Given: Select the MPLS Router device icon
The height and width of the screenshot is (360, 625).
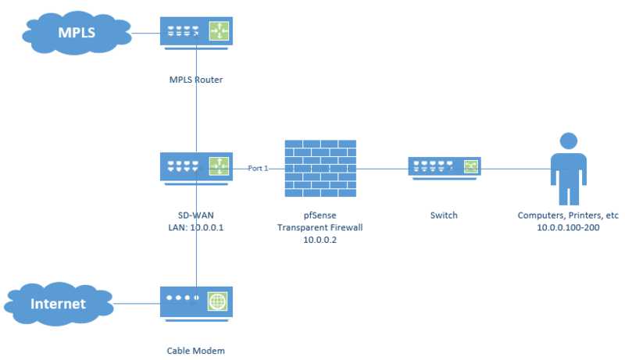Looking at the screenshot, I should coord(196,34).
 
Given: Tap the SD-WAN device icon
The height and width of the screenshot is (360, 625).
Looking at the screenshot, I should coord(196,167).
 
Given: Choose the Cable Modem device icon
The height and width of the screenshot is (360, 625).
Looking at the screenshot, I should coord(196,303).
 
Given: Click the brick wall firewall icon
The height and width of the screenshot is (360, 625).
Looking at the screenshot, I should coord(320,167).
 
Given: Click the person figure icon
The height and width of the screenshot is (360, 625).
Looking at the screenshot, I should coord(567,168).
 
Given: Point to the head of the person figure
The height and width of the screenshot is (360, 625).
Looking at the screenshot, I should coord(567,141).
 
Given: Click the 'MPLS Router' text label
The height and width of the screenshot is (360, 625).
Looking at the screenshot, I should coord(196,79).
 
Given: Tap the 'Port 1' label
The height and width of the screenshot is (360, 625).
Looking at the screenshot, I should coord(258,168).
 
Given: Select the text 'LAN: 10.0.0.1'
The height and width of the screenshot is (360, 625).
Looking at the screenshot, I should coord(196,227).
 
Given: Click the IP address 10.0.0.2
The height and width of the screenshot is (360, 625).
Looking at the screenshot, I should coord(320,241).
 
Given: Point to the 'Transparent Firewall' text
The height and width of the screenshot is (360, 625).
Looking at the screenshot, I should coord(320,227).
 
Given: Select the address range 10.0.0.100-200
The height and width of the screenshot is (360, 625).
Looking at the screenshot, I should coord(567,227).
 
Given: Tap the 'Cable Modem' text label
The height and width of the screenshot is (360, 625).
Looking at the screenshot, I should coord(196,351).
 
